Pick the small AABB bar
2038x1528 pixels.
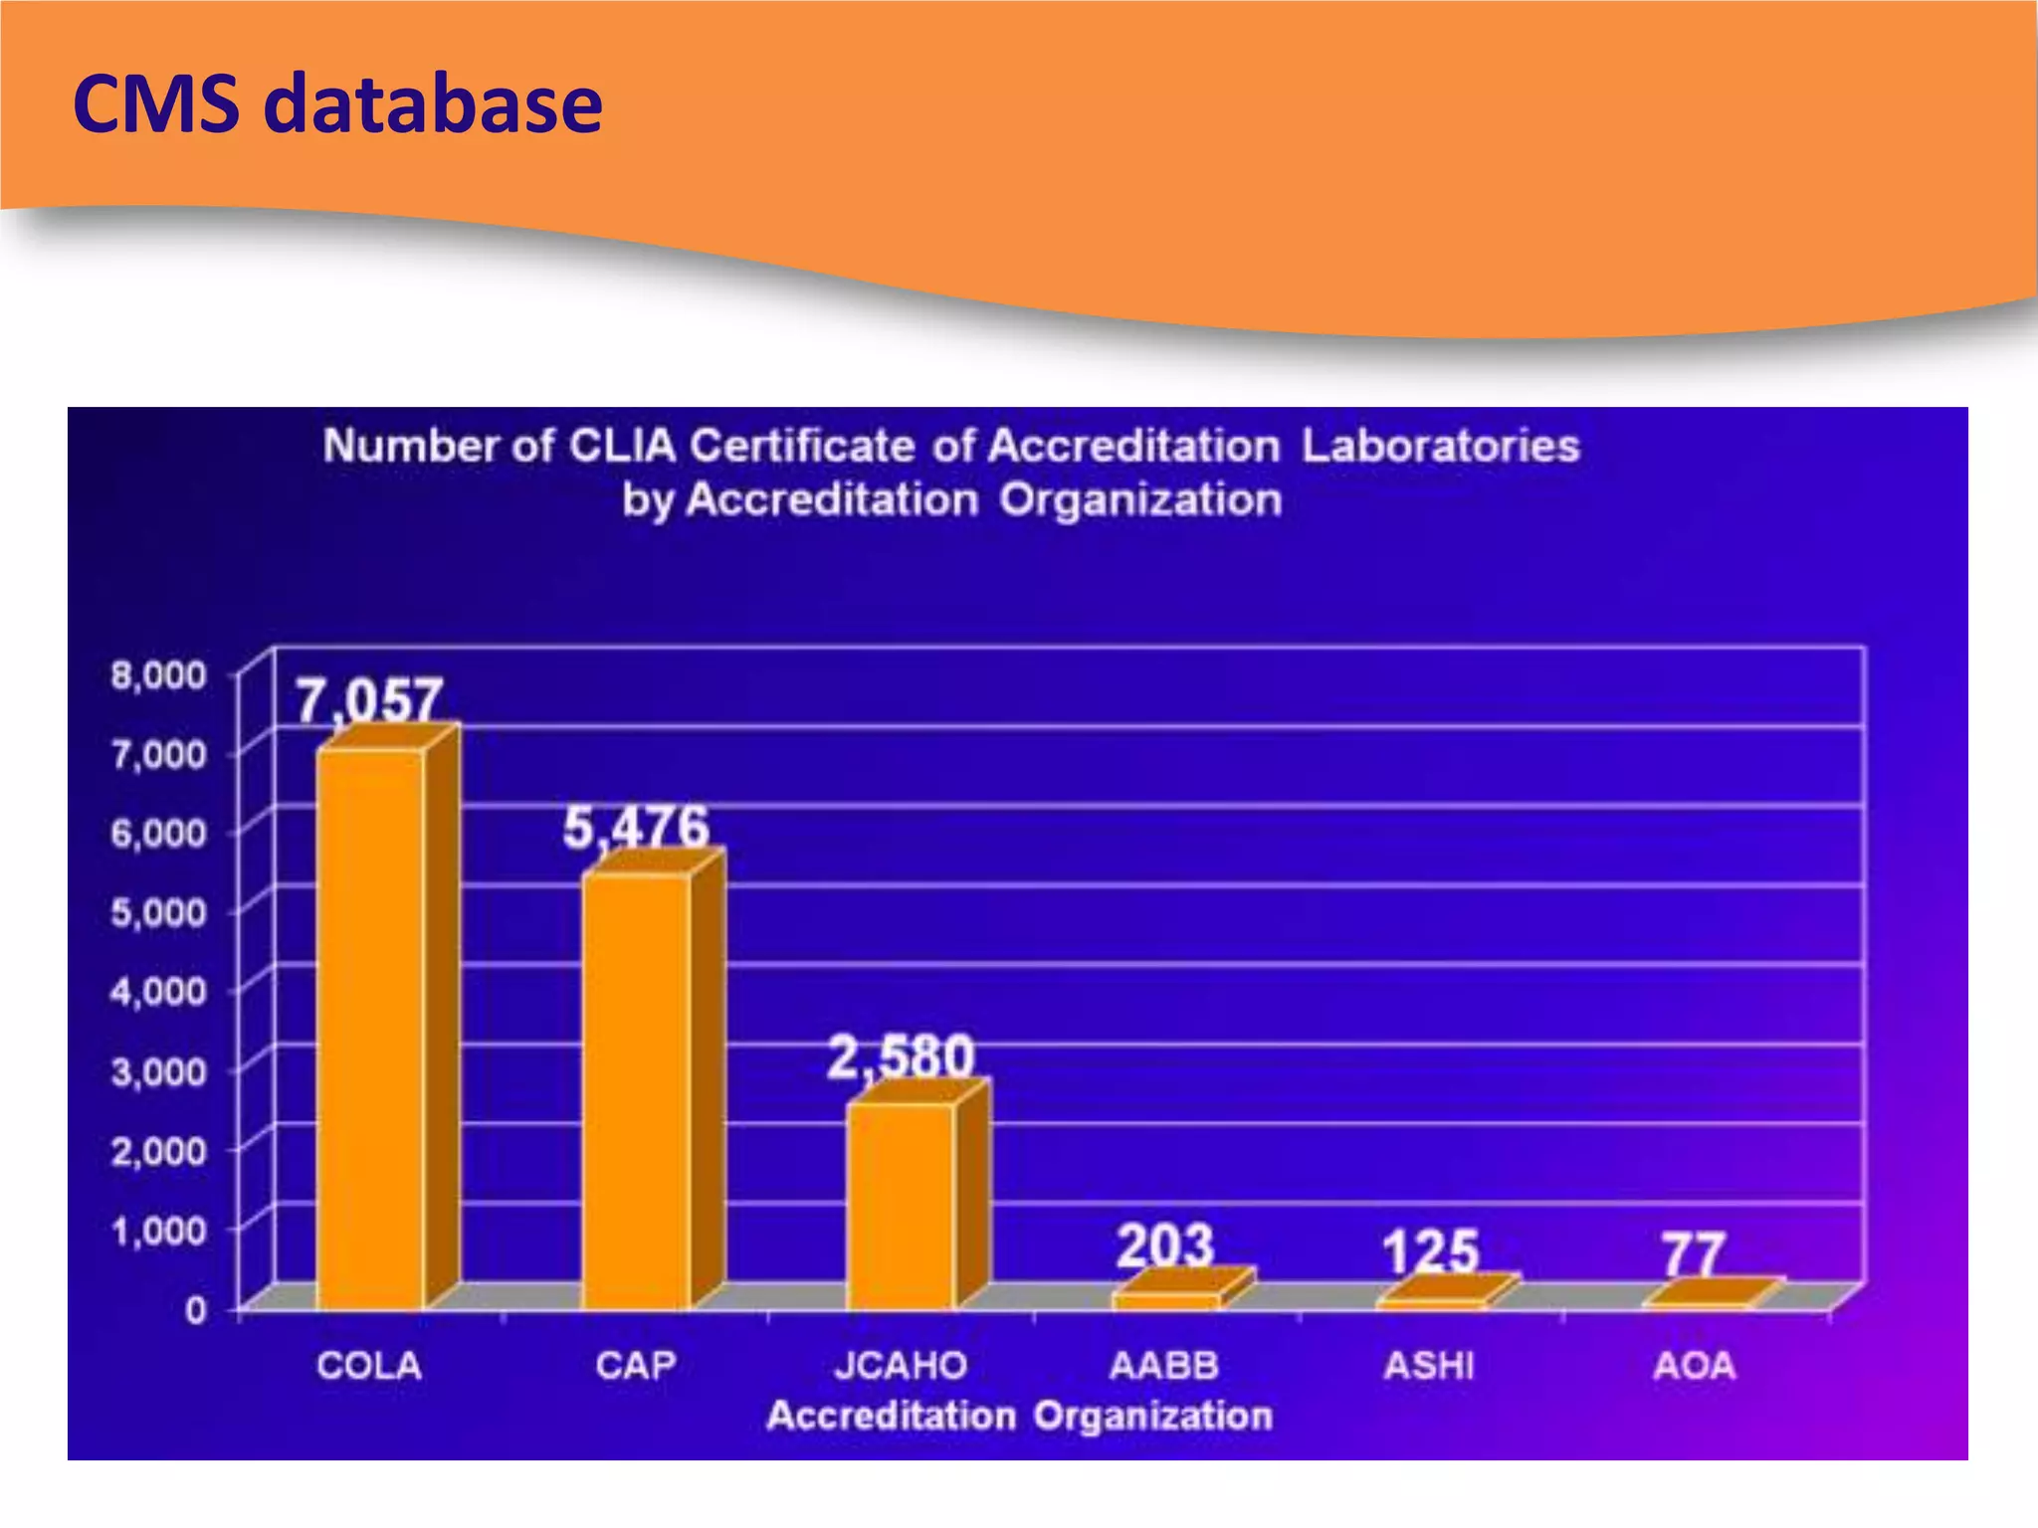1166,1299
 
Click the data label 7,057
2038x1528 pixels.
369,699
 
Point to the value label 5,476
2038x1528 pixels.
636,827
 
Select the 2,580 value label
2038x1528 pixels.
901,1055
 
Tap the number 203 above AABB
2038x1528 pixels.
1165,1244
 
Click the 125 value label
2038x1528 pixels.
1430,1250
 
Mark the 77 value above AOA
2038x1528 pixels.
1693,1254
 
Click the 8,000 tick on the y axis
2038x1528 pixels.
159,675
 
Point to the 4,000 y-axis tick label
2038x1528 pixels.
159,991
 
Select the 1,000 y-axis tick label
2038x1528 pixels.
159,1231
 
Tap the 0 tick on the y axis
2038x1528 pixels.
196,1310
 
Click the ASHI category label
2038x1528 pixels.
1429,1366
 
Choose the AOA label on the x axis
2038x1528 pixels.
1694,1366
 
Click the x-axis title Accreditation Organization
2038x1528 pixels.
1019,1416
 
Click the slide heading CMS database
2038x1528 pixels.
337,103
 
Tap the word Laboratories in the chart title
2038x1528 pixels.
1440,446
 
